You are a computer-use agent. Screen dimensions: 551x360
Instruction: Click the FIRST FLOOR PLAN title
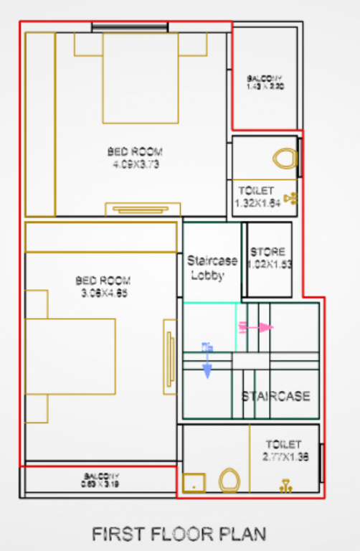point(179,534)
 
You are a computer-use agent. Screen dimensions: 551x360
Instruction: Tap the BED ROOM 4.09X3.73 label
point(135,158)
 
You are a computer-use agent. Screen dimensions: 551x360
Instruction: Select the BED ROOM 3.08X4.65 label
point(104,286)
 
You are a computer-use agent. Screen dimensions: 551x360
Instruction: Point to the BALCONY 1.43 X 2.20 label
point(265,82)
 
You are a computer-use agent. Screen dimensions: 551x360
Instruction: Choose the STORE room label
point(267,258)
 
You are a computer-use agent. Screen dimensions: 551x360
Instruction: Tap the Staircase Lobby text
point(207,267)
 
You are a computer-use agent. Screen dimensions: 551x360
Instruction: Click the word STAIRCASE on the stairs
point(275,396)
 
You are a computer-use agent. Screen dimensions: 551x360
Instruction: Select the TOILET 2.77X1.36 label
point(286,451)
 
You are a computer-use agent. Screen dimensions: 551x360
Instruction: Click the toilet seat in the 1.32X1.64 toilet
point(285,157)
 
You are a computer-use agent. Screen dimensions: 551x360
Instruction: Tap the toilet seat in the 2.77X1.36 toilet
point(229,480)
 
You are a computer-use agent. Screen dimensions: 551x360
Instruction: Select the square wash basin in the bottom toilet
point(194,483)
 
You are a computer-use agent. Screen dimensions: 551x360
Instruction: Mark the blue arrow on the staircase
point(207,360)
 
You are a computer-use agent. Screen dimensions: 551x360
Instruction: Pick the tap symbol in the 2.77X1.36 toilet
point(286,486)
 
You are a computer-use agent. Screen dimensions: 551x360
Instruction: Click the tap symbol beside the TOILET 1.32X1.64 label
point(289,199)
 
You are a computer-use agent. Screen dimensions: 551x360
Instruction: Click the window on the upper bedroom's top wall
point(130,27)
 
